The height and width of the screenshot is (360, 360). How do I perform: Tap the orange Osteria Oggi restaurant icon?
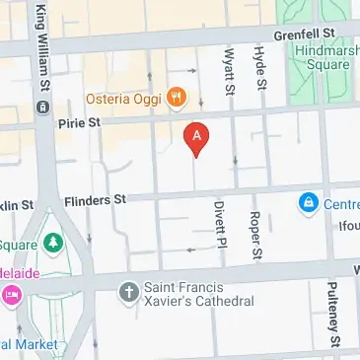177,96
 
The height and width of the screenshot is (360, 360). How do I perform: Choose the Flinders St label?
96,199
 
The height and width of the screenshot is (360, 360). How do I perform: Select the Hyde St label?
260,68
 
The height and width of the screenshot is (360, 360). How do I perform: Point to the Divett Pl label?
220,227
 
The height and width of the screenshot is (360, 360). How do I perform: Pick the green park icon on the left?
48,242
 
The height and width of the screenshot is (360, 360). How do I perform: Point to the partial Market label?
26,344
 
